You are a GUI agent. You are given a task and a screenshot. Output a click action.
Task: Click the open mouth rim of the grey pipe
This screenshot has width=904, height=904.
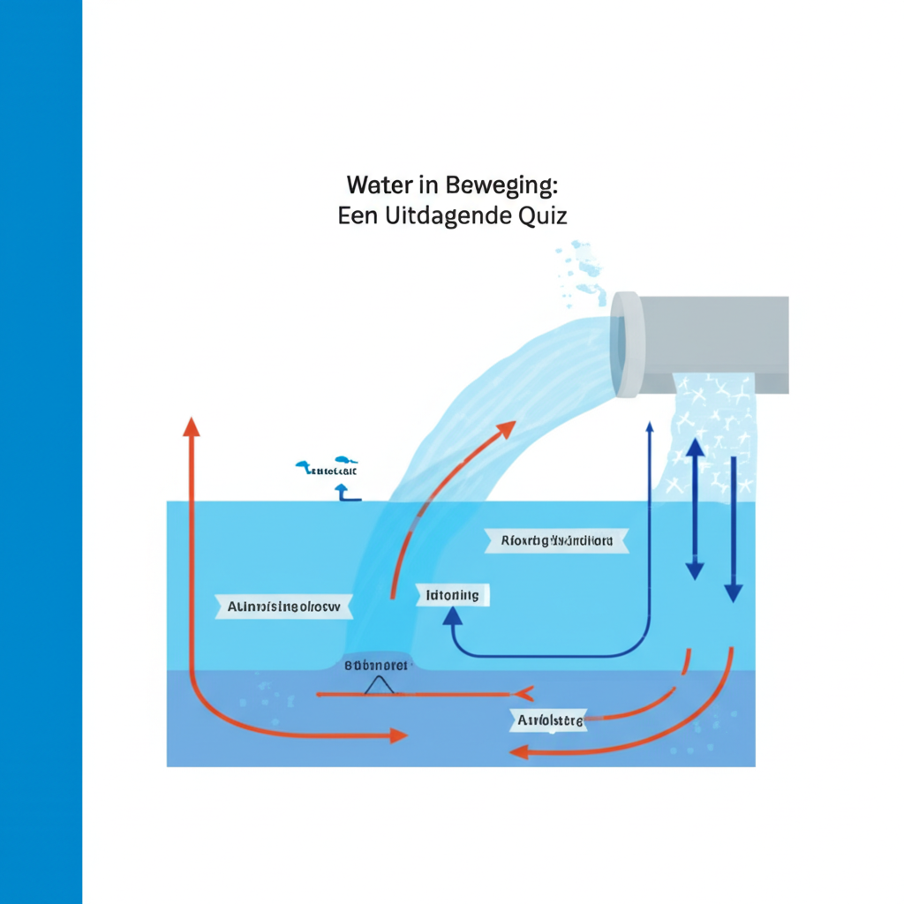[626, 344]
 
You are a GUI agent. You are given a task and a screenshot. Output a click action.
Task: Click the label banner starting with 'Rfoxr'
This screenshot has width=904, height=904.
[557, 540]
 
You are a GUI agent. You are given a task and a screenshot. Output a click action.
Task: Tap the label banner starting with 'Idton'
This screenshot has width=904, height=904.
[453, 595]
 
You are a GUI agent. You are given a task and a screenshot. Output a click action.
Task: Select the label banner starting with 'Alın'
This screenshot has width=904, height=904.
[283, 607]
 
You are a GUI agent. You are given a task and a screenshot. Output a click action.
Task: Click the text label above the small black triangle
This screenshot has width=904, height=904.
[376, 665]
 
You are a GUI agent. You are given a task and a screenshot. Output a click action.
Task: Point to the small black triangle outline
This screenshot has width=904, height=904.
[380, 684]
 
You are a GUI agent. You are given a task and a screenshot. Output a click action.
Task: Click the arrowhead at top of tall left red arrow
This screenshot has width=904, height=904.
[191, 426]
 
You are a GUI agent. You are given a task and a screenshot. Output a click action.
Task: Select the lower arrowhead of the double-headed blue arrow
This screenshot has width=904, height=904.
[695, 569]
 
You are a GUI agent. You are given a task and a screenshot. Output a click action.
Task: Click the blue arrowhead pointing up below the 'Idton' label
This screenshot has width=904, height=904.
[453, 615]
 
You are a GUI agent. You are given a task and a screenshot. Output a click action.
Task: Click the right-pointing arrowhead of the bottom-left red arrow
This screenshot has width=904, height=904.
[398, 734]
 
